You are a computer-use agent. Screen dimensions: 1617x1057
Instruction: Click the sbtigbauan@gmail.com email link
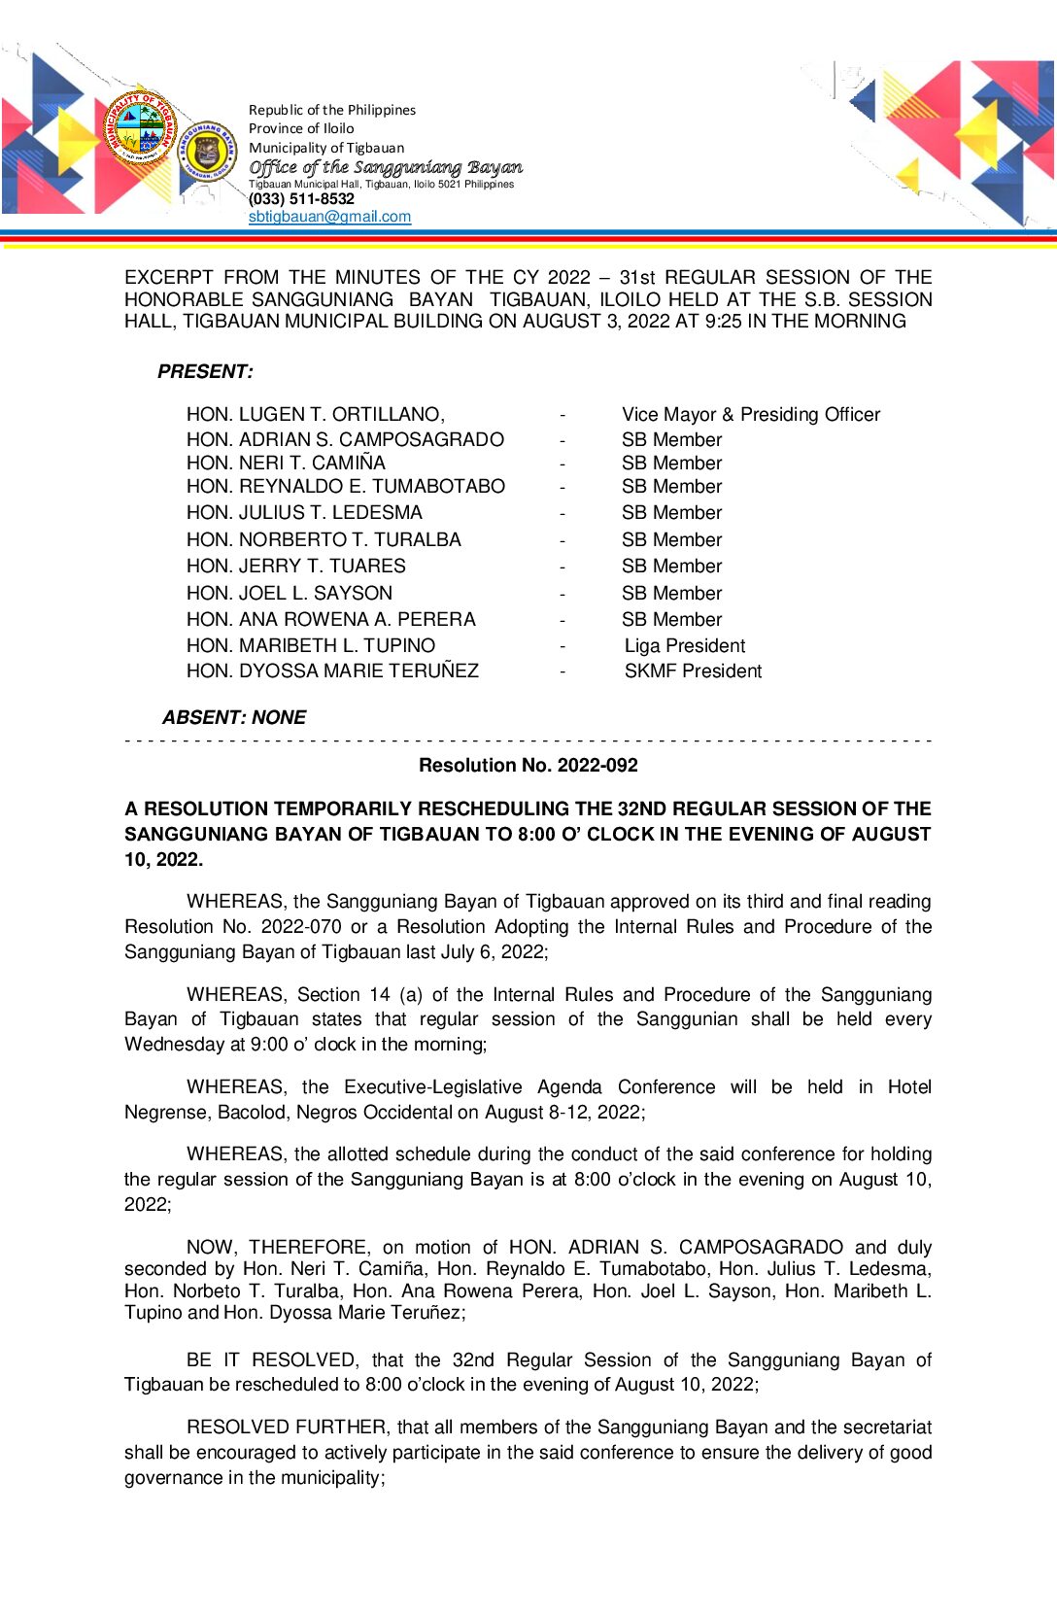pyautogui.click(x=329, y=217)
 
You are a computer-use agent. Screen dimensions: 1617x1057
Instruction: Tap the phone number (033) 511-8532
pyautogui.click(x=301, y=199)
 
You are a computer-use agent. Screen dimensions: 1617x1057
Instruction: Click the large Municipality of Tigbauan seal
pyautogui.click(x=140, y=131)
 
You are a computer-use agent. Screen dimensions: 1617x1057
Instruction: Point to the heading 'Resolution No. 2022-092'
pyautogui.click(x=528, y=766)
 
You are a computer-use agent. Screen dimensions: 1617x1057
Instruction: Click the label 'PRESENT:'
pyautogui.click(x=205, y=372)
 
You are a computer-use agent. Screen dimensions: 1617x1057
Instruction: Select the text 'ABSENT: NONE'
pyautogui.click(x=234, y=718)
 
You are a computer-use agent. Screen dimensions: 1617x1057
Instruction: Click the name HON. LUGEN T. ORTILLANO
pyautogui.click(x=315, y=415)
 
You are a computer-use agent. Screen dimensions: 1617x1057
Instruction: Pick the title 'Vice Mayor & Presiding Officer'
pyautogui.click(x=751, y=415)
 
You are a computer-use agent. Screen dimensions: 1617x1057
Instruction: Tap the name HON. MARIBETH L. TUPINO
pyautogui.click(x=311, y=646)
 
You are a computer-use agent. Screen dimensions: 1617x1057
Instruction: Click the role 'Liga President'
pyautogui.click(x=685, y=646)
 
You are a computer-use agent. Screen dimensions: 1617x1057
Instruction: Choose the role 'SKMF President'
pyautogui.click(x=693, y=671)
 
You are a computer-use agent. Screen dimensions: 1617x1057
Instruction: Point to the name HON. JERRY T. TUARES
pyautogui.click(x=296, y=567)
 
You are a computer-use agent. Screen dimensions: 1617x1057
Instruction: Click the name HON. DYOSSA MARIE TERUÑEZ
pyautogui.click(x=332, y=671)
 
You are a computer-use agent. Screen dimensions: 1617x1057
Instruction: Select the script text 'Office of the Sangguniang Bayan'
pyautogui.click(x=386, y=167)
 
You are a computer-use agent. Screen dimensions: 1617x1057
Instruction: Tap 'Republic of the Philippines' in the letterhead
pyautogui.click(x=332, y=111)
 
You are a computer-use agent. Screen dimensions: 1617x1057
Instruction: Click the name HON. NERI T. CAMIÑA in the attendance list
pyautogui.click(x=286, y=464)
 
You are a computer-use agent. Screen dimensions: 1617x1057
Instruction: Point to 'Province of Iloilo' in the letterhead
pyautogui.click(x=301, y=129)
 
